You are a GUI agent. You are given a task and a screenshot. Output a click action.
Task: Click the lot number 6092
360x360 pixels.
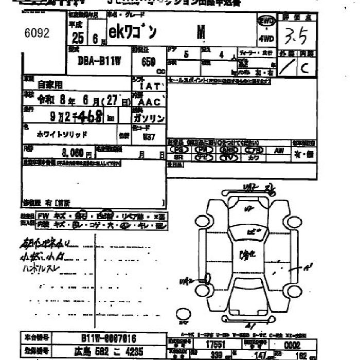[37, 33]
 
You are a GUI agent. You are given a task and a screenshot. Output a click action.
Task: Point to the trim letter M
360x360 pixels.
[201, 32]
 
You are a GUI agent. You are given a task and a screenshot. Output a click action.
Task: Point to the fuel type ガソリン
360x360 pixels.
[149, 118]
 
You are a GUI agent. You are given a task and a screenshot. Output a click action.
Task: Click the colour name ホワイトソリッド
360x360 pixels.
[62, 134]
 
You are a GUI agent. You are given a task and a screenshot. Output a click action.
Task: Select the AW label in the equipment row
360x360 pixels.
[279, 150]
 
